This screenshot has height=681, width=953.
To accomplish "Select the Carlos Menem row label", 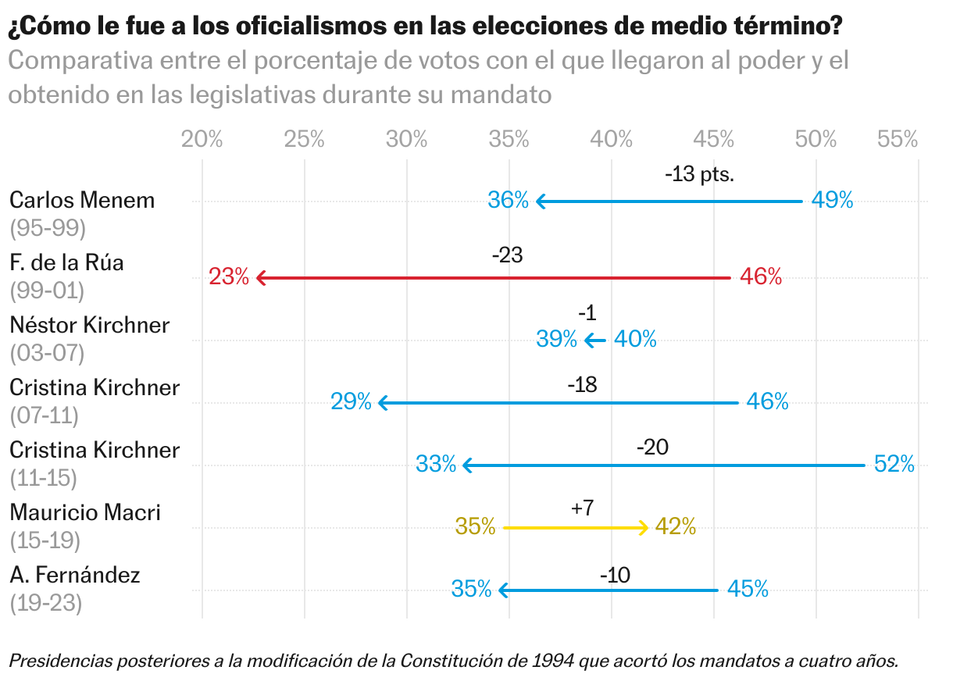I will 82,200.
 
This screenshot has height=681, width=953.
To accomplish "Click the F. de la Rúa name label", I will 66,262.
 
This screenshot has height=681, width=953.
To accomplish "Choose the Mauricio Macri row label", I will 85,512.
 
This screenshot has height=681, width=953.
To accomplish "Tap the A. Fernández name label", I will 75,576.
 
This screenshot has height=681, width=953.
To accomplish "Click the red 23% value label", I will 229,276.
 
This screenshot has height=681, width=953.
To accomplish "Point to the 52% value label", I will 894,464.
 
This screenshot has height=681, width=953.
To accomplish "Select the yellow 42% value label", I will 676,527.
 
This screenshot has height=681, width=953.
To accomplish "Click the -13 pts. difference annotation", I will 699,174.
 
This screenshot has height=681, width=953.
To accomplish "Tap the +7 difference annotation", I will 583,508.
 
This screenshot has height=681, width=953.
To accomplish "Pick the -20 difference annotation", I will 653,447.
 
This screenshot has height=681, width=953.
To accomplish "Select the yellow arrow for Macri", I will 576,528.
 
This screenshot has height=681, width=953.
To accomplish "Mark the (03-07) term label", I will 46,352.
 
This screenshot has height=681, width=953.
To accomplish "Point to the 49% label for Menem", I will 832,201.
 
